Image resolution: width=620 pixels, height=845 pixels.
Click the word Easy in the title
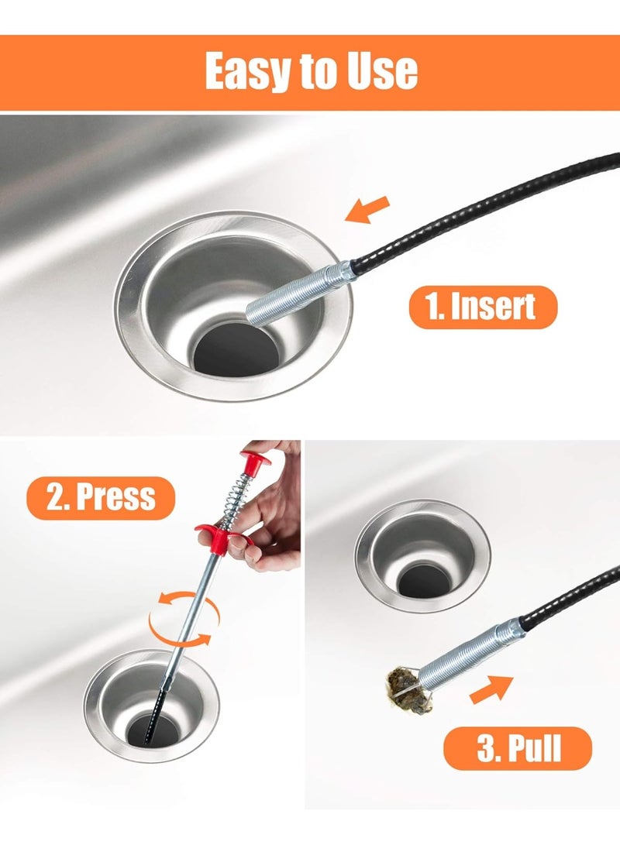tap(250, 71)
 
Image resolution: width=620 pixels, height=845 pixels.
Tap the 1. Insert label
tap(482, 307)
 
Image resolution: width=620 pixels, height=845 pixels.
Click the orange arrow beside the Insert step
tap(368, 210)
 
